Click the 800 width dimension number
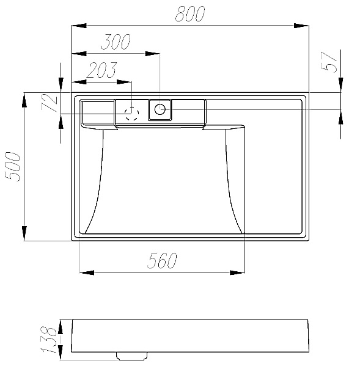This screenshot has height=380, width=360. tap(190, 13)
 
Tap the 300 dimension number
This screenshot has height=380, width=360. tap(116, 42)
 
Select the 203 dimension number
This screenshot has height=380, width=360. tap(101, 70)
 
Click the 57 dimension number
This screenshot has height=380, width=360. tap(329, 62)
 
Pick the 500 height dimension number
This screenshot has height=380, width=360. tap(13, 167)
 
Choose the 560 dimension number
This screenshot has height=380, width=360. tap(162, 260)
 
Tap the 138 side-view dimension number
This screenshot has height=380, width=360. tap(49, 340)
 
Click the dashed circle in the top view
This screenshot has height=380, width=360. tap(131, 113)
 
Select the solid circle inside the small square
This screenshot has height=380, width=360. tap(160, 109)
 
